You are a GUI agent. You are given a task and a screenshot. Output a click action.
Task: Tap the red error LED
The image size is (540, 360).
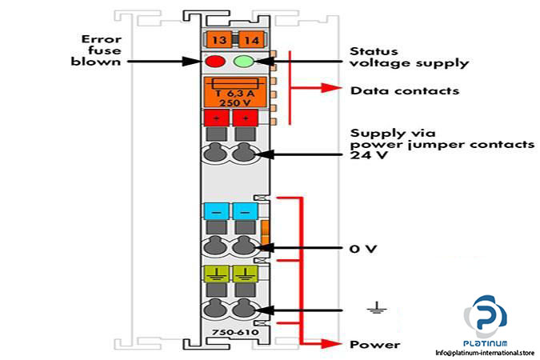click(x=215, y=62)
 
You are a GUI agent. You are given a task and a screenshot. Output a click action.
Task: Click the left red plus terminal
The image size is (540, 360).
click(x=215, y=118)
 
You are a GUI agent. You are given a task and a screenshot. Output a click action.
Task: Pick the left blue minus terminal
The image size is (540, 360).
click(x=216, y=210)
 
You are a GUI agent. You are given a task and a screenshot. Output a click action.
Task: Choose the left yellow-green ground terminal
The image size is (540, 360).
click(x=216, y=274)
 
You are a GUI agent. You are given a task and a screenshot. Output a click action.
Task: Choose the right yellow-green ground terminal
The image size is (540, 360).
click(x=245, y=274)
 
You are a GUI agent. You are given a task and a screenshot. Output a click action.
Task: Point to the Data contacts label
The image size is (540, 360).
click(x=404, y=90)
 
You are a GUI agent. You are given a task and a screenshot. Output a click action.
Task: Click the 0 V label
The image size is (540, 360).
click(x=362, y=249)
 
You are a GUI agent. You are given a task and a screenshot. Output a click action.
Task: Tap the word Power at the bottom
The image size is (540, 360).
click(x=374, y=345)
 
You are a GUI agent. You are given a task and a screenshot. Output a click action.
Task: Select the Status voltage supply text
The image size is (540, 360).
click(x=409, y=57)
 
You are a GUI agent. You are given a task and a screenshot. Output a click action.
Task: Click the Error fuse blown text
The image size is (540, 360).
click(x=101, y=50)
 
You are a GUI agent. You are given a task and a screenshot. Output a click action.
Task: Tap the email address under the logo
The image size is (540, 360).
click(x=485, y=351)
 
